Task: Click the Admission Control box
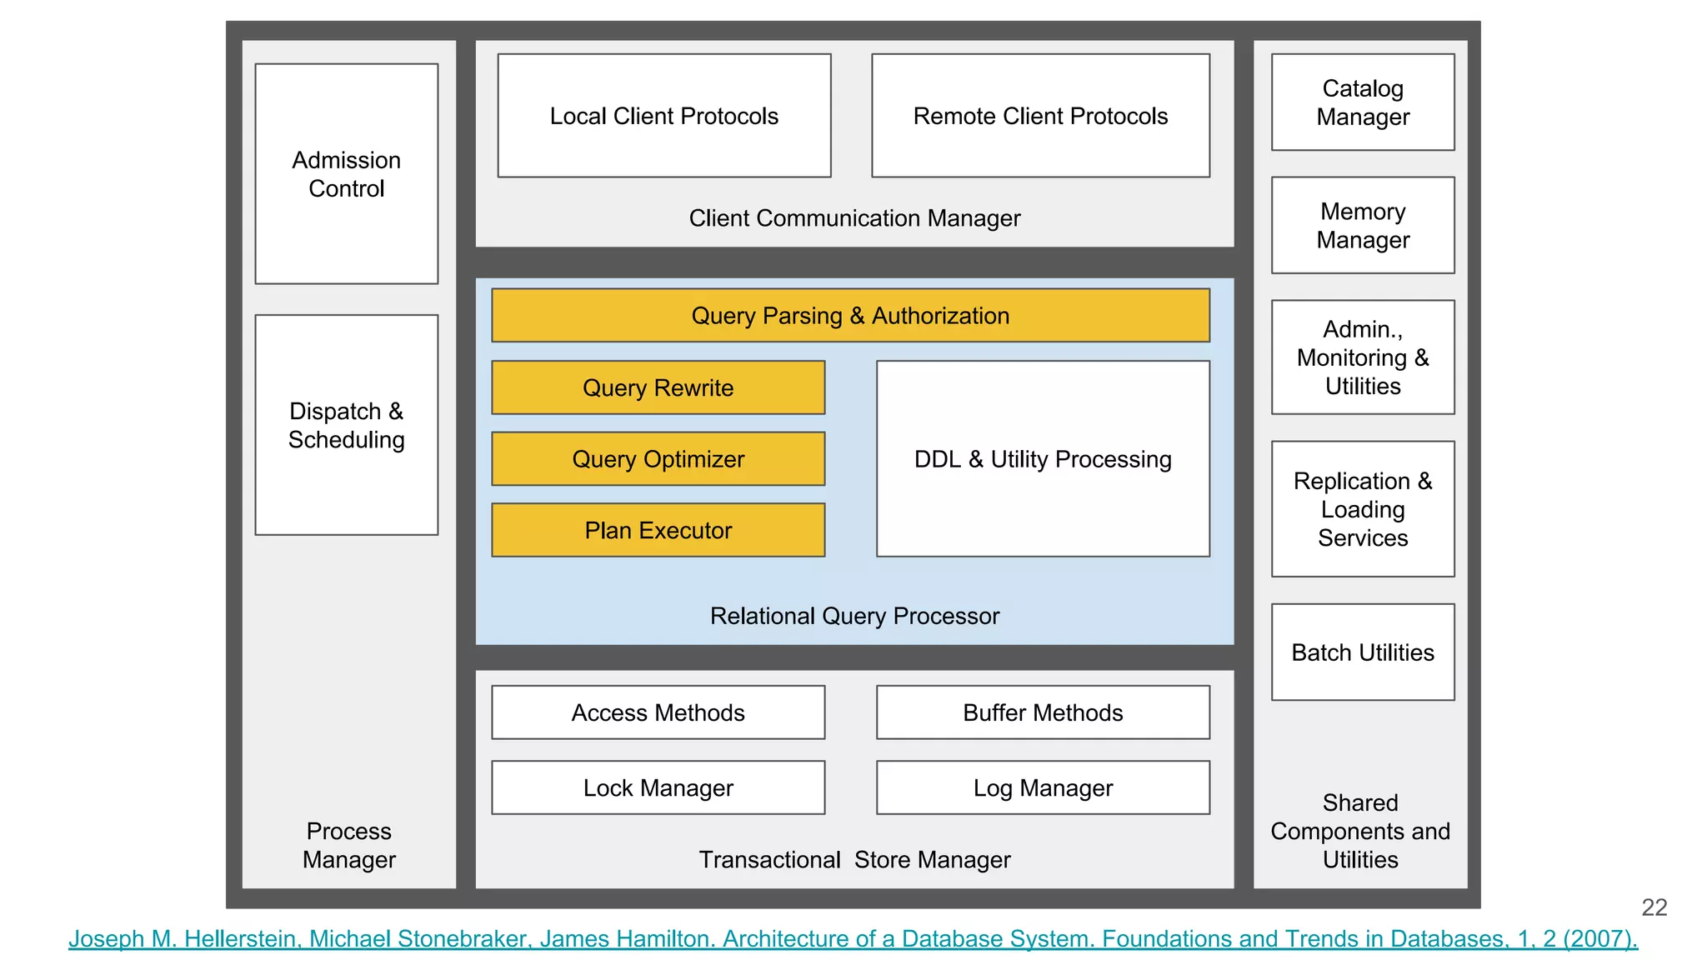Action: [x=346, y=173]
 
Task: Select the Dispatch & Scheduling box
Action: [x=346, y=424]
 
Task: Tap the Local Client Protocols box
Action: [x=663, y=116]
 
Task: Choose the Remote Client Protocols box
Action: [x=1040, y=116]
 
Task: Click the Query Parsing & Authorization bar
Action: [x=850, y=316]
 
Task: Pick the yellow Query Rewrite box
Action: [x=658, y=387]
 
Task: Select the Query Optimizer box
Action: [x=658, y=459]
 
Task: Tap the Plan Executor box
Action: [x=658, y=530]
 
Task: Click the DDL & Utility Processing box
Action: [x=1043, y=459]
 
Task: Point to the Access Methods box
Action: [x=658, y=712]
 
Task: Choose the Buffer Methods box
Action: [x=1043, y=712]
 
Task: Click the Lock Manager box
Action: [x=658, y=787]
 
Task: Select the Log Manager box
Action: [x=1043, y=787]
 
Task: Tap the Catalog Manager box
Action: [x=1363, y=102]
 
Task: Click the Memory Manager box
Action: [x=1363, y=225]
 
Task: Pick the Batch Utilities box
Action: [x=1363, y=652]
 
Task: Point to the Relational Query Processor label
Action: [x=854, y=616]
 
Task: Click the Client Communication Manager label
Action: [x=854, y=218]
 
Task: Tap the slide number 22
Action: [x=1654, y=907]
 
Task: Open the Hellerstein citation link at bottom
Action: [x=853, y=939]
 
